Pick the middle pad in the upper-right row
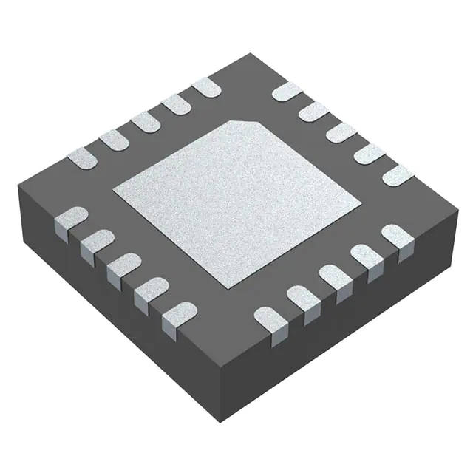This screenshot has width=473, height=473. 341,132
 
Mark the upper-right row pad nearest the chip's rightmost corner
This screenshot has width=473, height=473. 398,174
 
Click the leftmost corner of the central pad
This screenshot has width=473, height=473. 113,194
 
